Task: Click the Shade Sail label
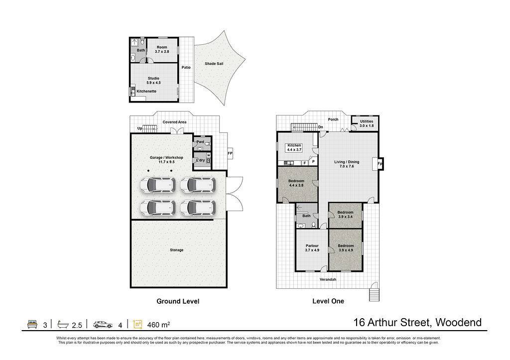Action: click(214, 64)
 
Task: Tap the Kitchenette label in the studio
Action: click(146, 92)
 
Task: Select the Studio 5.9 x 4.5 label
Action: click(153, 80)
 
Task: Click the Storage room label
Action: click(177, 250)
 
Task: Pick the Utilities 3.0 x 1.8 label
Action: click(367, 123)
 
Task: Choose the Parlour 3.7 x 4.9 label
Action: click(312, 248)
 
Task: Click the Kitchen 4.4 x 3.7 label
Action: click(294, 148)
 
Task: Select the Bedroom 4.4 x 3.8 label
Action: click(296, 183)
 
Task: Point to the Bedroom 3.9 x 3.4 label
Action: click(346, 215)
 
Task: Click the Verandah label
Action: click(328, 279)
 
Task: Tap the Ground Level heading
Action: click(178, 301)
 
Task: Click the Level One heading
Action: click(328, 301)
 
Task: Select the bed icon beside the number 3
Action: click(32, 324)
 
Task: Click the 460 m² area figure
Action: click(159, 325)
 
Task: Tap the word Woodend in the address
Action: click(459, 322)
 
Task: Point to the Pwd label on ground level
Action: click(200, 142)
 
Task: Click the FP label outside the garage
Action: click(230, 153)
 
